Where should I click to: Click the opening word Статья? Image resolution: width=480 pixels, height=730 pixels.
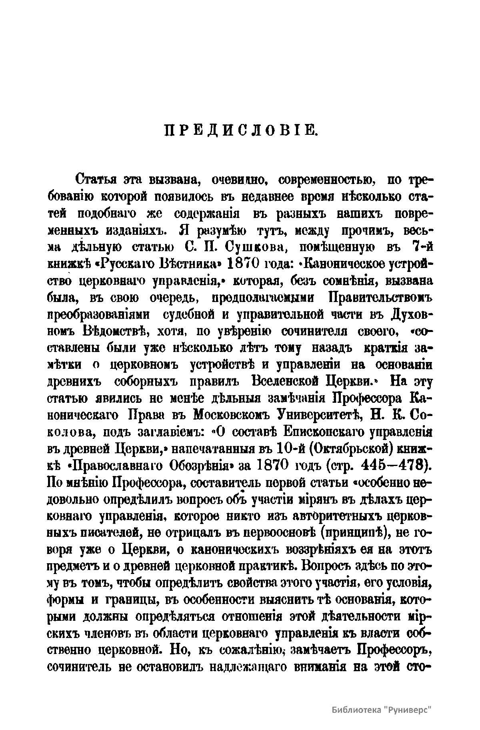[x=97, y=180]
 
